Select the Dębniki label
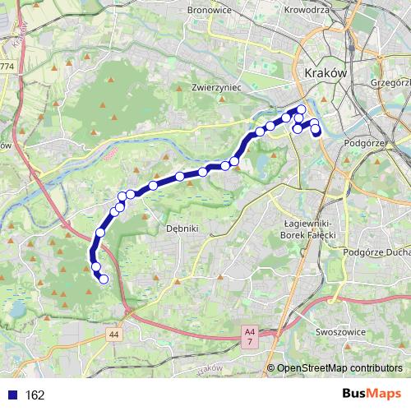pos(182,229)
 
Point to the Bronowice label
pos(233,12)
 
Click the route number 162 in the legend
pos(35,395)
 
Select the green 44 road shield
pos(113,333)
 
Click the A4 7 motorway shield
pos(248,334)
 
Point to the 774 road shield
pos(7,65)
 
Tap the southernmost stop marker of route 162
pos(104,279)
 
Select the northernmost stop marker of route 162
pos(301,109)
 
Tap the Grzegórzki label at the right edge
pos(390,82)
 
